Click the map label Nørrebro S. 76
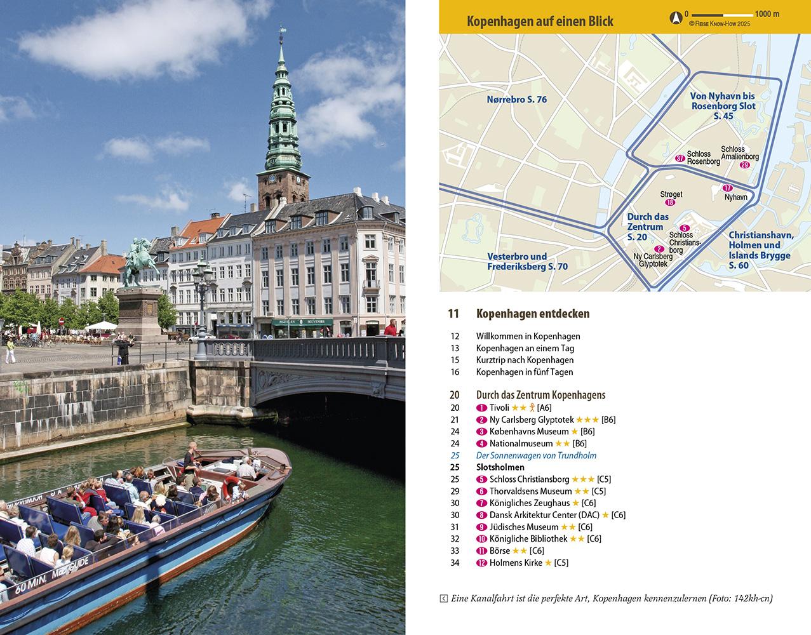click(516, 100)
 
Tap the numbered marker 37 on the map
click(680, 158)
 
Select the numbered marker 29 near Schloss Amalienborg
click(745, 165)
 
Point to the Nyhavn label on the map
click(735, 197)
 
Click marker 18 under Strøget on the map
click(670, 203)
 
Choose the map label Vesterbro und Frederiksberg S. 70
click(527, 262)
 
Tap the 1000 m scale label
click(767, 14)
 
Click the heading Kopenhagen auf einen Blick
click(540, 22)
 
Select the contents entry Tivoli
click(499, 408)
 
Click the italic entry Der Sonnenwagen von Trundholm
click(536, 455)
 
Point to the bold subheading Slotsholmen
click(500, 467)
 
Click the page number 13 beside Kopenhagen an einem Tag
click(455, 348)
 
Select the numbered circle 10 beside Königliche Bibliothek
click(481, 539)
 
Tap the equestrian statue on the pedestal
click(137, 260)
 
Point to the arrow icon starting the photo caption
click(443, 599)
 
